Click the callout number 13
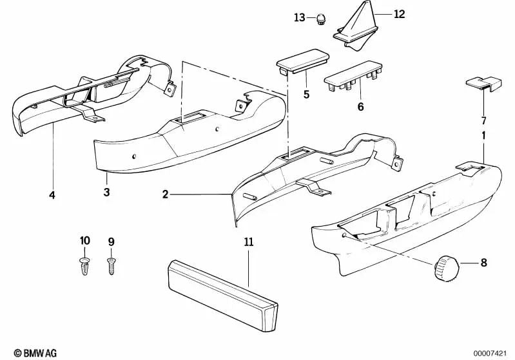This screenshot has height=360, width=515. pyautogui.click(x=299, y=17)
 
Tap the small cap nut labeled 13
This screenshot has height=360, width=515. pyautogui.click(x=320, y=19)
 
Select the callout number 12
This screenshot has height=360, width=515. pyautogui.click(x=400, y=14)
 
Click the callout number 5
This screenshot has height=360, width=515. pyautogui.click(x=307, y=95)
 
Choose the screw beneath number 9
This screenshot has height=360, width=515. pyautogui.click(x=112, y=264)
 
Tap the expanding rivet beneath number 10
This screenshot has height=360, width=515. pyautogui.click(x=85, y=265)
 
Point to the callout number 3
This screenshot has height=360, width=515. pyautogui.click(x=106, y=193)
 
